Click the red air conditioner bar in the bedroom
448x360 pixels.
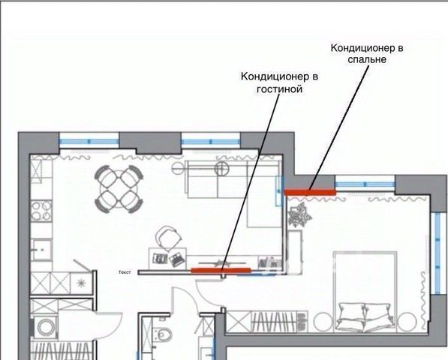click(310, 193)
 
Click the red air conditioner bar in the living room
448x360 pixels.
click(221, 270)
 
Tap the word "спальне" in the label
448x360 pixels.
click(367, 60)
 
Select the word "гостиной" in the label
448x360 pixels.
click(279, 89)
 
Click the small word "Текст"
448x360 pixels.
click(125, 272)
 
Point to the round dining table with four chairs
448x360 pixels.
click(119, 189)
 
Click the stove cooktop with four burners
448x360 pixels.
click(41, 211)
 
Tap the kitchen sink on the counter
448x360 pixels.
click(42, 250)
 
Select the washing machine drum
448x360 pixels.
click(46, 327)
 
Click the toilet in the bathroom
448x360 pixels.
click(164, 333)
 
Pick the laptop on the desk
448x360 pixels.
click(176, 259)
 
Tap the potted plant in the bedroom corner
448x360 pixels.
click(299, 215)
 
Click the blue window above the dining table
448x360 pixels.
click(89, 141)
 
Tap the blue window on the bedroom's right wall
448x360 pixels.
click(437, 253)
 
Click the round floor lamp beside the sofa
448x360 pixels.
click(221, 169)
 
